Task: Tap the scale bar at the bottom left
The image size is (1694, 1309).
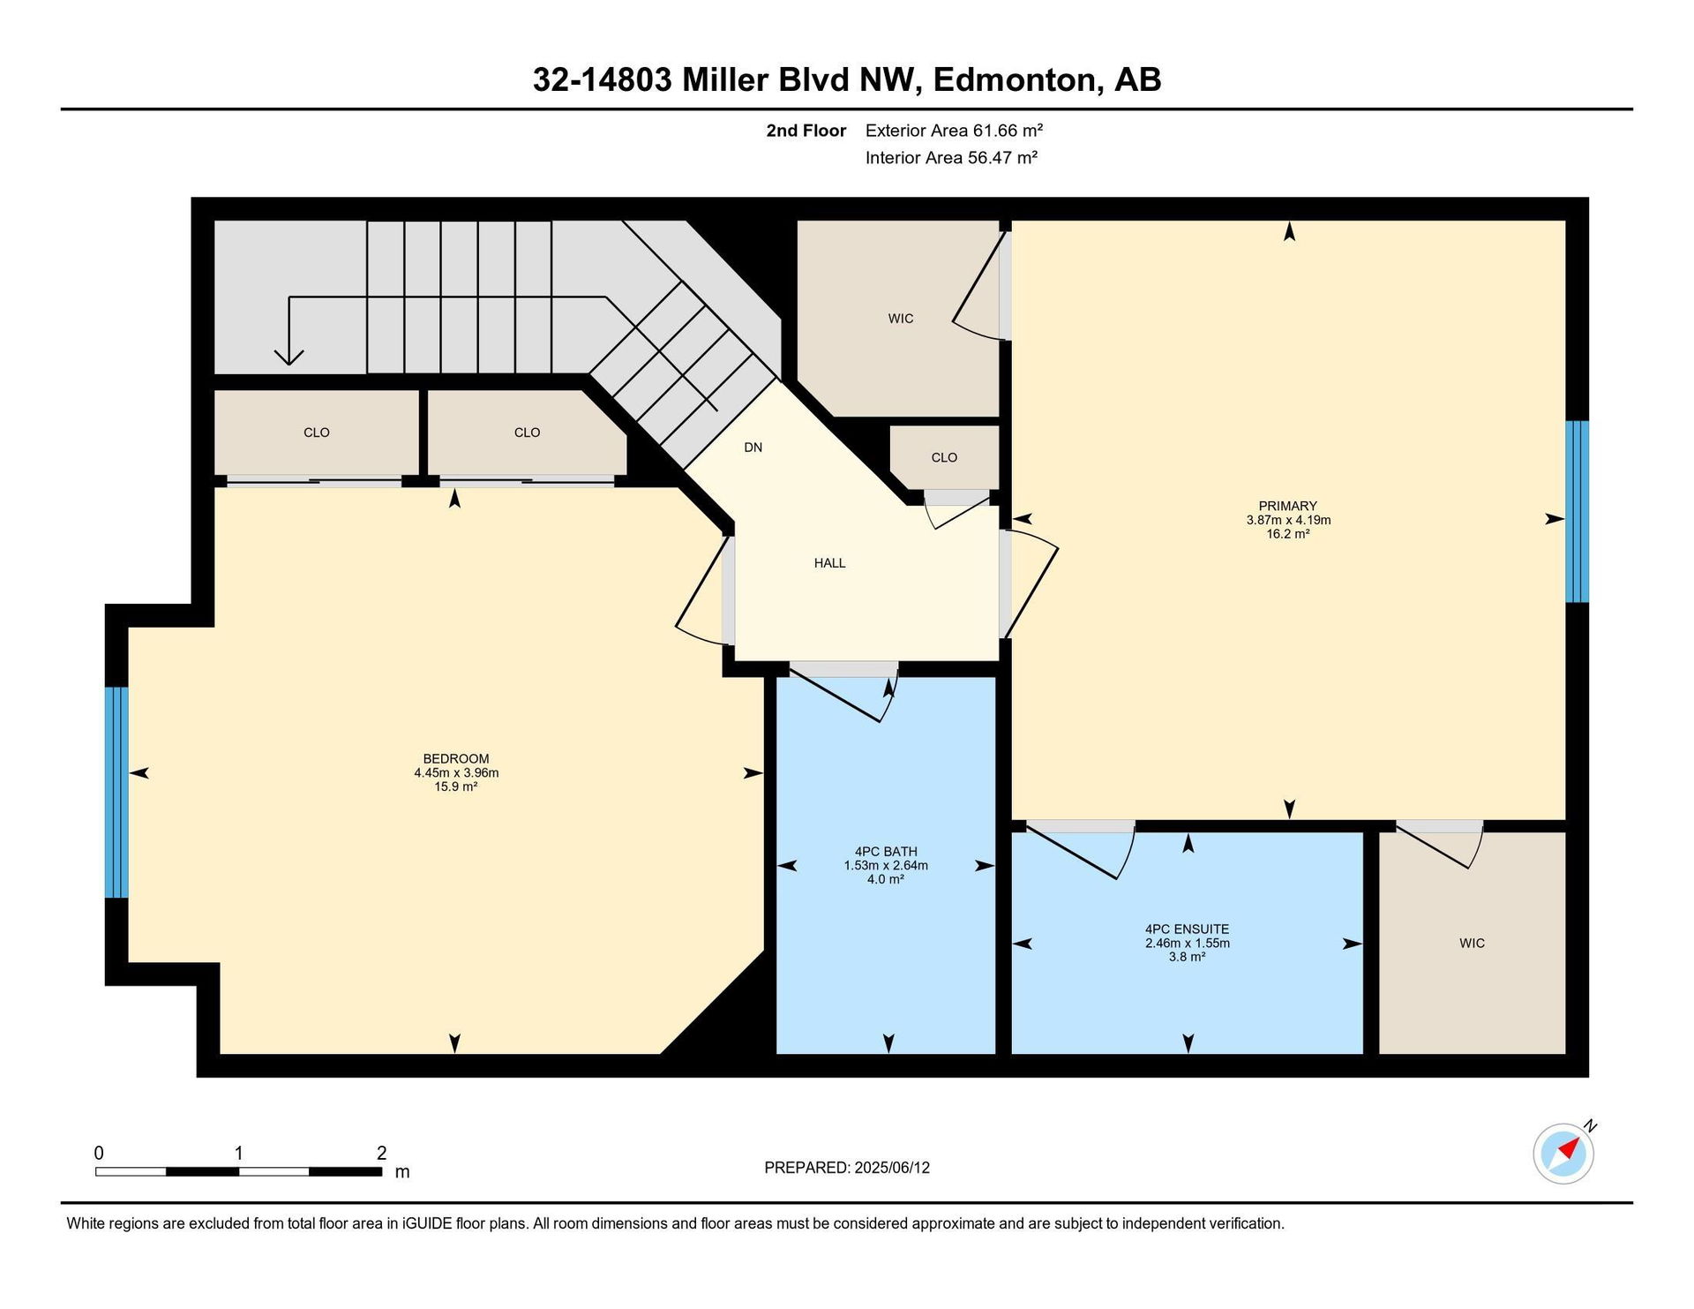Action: pos(238,1171)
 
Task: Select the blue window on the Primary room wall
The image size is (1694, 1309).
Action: pos(1577,511)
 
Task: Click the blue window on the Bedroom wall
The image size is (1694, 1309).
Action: pos(116,792)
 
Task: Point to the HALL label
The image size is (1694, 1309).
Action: pos(829,563)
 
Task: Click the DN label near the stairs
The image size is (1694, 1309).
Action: pos(753,448)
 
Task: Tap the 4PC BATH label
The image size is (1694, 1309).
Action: pos(886,852)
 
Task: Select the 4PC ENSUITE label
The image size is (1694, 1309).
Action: pos(1187,929)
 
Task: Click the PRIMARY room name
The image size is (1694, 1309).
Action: pos(1287,506)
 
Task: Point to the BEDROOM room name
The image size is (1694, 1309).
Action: pos(455,758)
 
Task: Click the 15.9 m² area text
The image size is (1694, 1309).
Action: pos(455,786)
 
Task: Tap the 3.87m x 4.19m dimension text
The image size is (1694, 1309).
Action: pos(1288,520)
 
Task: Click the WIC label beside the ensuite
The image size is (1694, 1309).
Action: pos(1472,943)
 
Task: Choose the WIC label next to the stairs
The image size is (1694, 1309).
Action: pos(901,319)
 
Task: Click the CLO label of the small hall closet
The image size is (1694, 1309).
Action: pos(944,457)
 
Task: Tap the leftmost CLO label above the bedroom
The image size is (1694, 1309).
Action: pos(316,433)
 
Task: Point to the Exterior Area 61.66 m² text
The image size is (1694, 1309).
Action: pos(954,131)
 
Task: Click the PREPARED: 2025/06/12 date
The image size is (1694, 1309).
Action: pos(847,1168)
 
